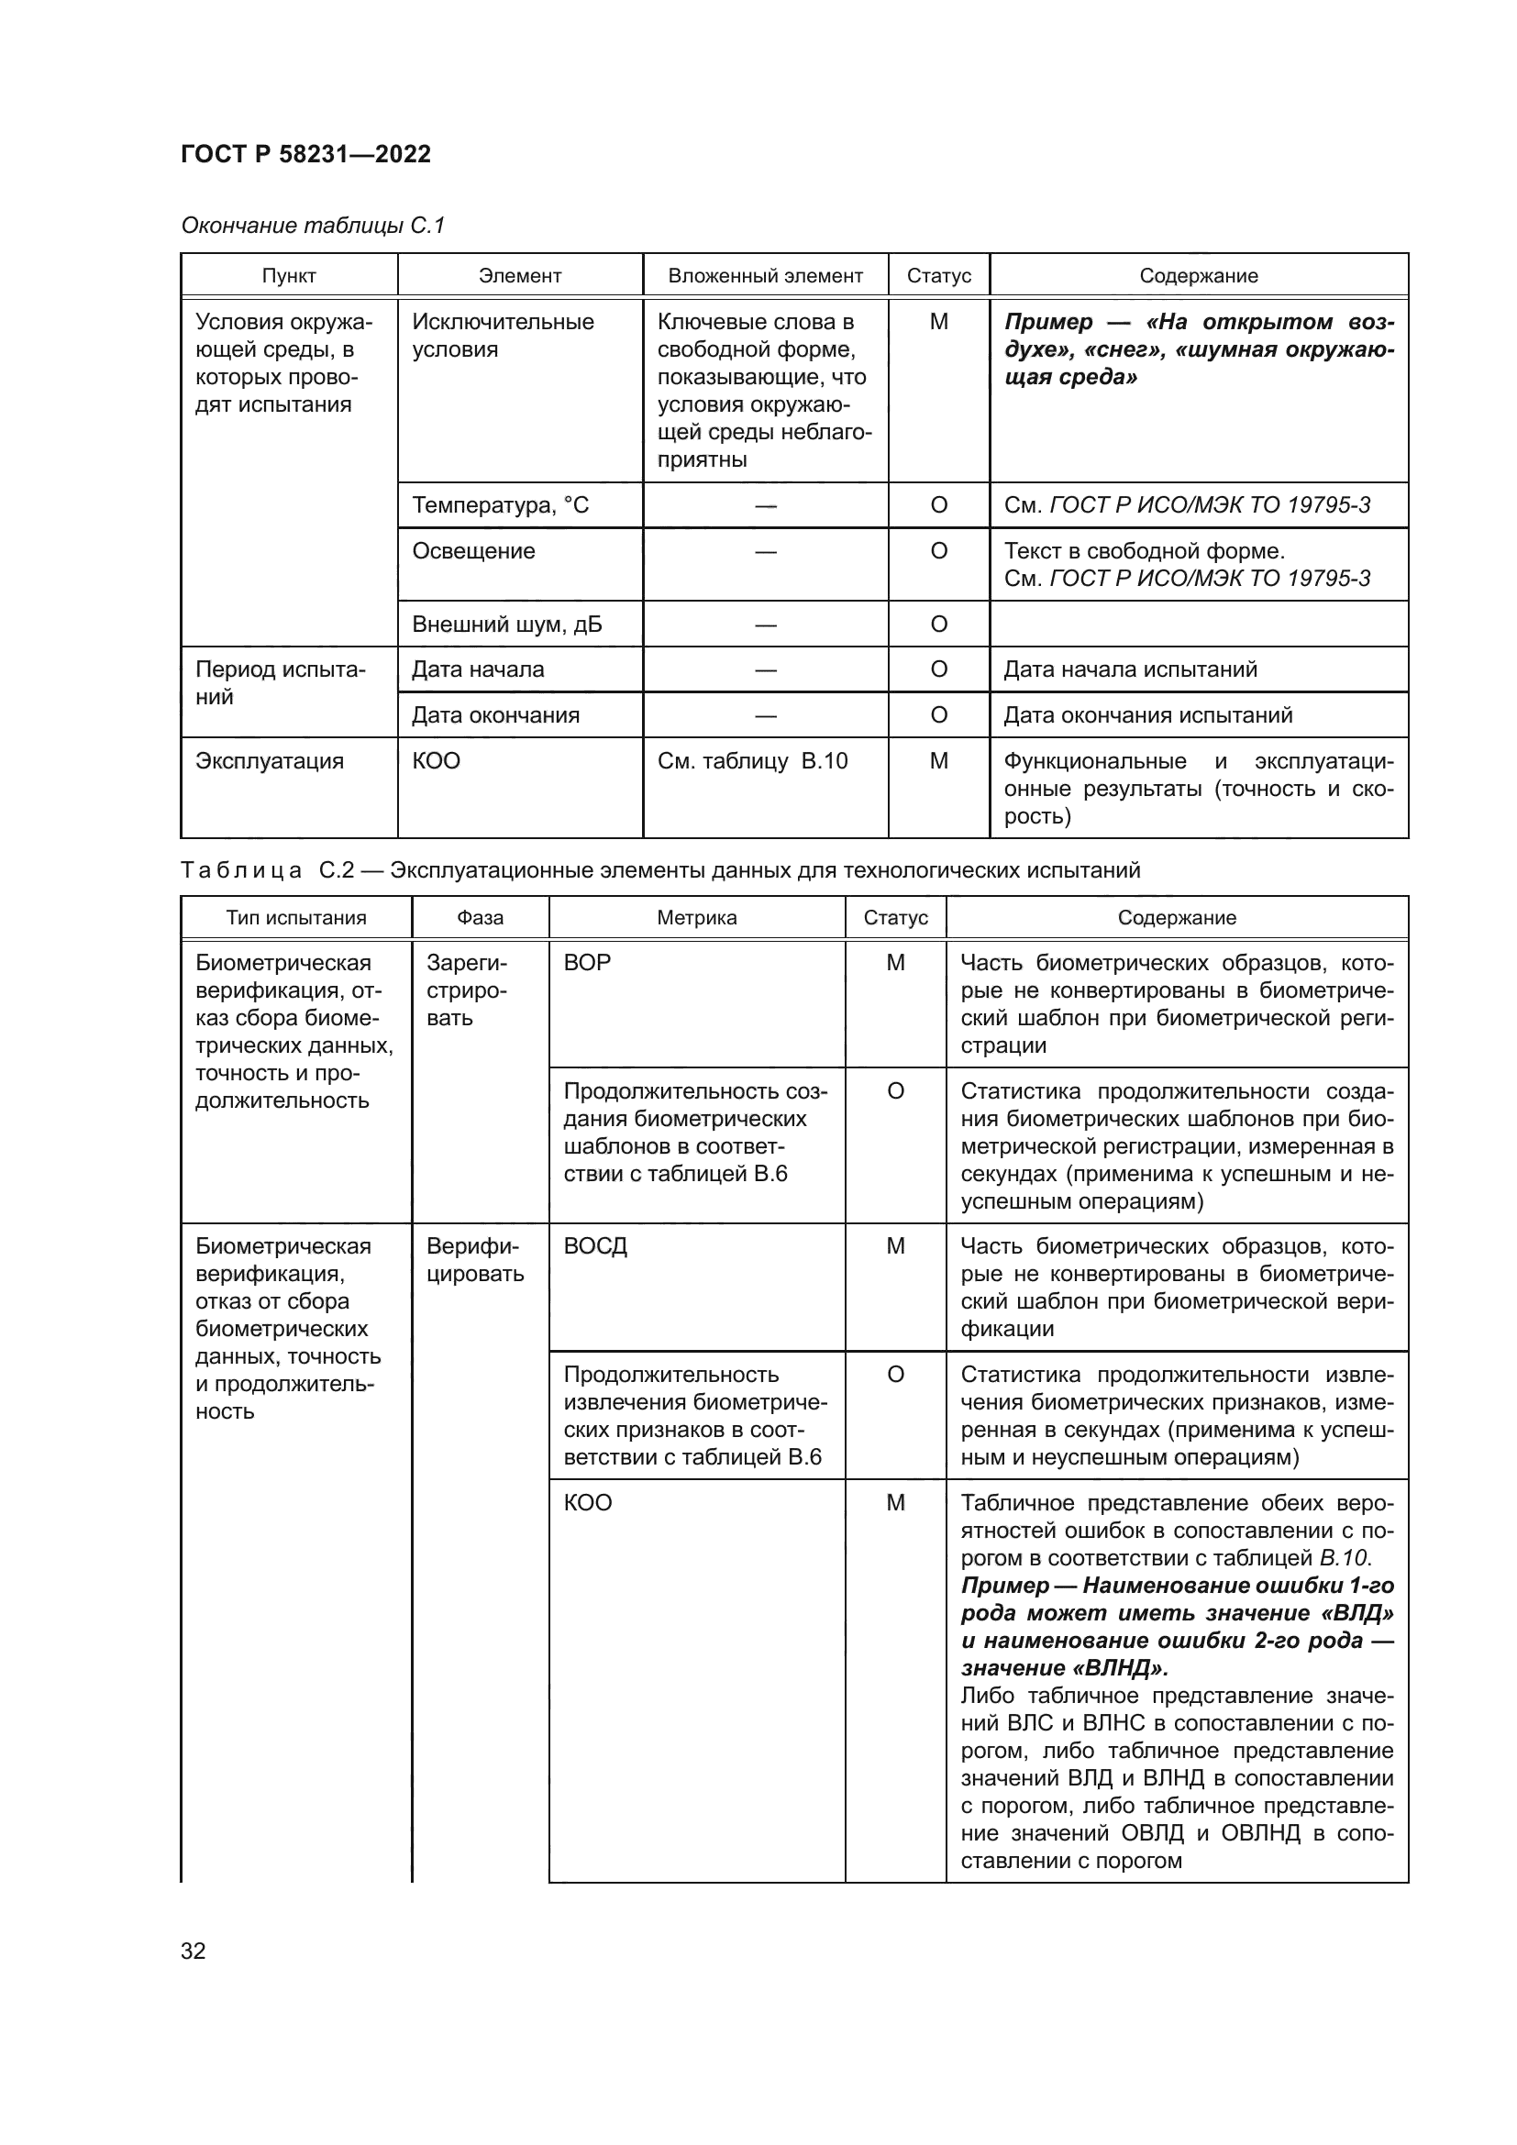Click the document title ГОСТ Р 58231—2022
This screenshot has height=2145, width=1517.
coord(305,154)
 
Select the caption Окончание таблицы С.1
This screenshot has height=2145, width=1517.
coord(313,226)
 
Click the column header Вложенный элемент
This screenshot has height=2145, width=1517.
coord(765,276)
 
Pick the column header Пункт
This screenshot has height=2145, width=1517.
coord(289,276)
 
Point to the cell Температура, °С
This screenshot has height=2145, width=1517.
coord(501,505)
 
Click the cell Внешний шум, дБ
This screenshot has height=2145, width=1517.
coord(507,625)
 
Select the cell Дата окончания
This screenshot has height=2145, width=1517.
coord(496,715)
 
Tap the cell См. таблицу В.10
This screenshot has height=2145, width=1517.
coord(753,761)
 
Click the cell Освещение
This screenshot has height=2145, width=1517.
coord(473,551)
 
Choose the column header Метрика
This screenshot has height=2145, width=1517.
coord(697,917)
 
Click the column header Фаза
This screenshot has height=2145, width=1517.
coord(480,917)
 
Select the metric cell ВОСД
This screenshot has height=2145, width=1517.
coord(595,1246)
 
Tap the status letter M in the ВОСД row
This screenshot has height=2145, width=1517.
coord(896,1246)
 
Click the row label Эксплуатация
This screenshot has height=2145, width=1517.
coord(270,761)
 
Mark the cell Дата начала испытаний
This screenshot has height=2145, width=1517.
coord(1130,669)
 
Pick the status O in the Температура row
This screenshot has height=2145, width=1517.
coord(939,505)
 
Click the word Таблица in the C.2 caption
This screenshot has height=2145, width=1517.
coord(241,870)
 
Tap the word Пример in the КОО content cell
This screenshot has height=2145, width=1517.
coord(1005,1586)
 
